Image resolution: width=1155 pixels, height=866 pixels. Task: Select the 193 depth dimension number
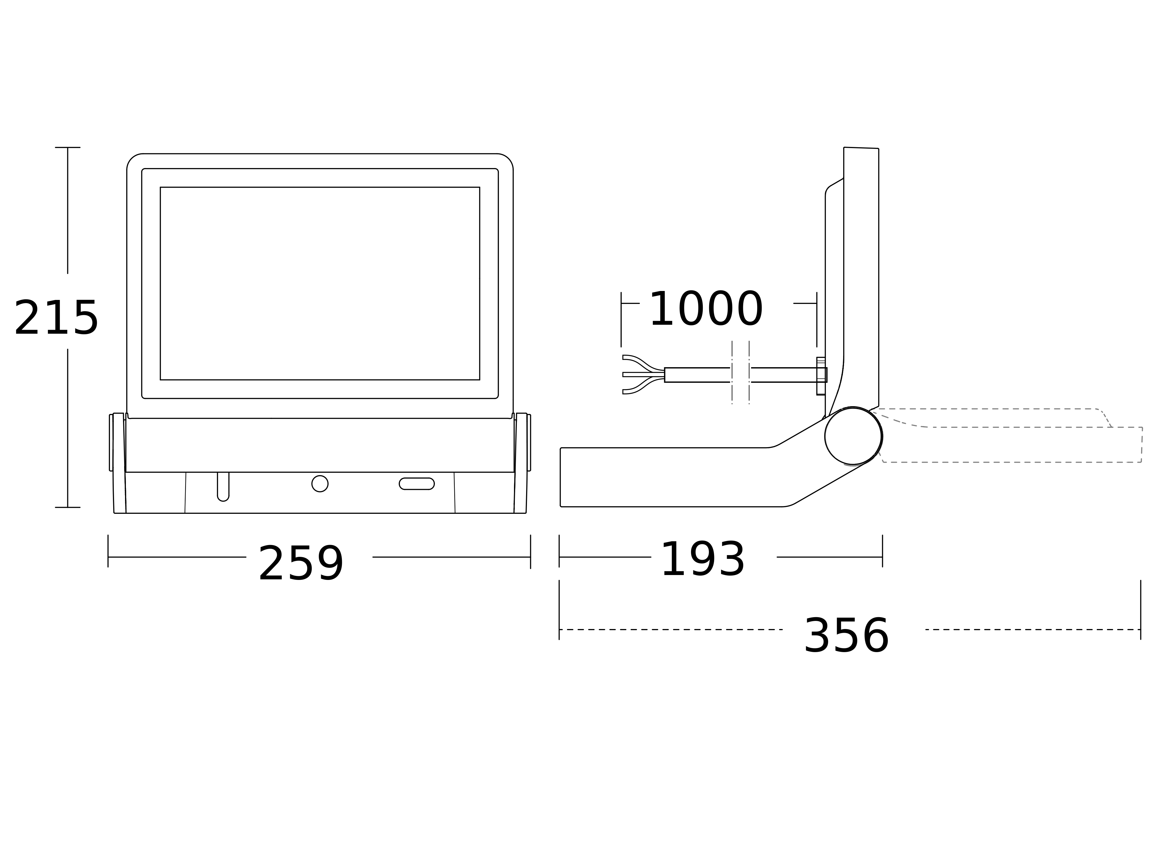point(702,560)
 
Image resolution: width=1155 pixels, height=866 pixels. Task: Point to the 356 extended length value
point(846,636)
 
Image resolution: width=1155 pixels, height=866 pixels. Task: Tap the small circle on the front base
point(320,484)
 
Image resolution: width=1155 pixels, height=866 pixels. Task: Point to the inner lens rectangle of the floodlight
point(320,283)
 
